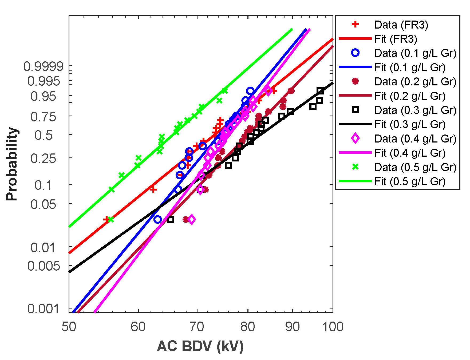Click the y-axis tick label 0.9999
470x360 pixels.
pos(44,66)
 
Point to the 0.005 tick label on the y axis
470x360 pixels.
pos(44,266)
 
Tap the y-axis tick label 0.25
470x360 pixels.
pos(43,159)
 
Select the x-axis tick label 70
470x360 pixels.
pos(197,327)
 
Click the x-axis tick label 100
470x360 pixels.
pos(333,327)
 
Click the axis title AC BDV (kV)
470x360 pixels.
pos(200,346)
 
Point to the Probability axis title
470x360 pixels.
pos(12,164)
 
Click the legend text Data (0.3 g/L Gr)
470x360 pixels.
pos(415,110)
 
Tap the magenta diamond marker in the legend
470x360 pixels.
pos(355,139)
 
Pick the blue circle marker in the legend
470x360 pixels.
pos(355,53)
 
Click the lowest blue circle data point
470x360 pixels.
pos(158,220)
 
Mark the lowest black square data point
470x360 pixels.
pos(171,220)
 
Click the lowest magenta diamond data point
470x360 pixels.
pos(191,220)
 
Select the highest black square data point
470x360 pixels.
pos(320,91)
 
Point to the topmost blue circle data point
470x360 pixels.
pos(250,91)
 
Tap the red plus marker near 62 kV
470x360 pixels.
pos(153,189)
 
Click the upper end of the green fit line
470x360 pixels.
pos(292,29)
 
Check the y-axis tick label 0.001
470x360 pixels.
pos(43,309)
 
